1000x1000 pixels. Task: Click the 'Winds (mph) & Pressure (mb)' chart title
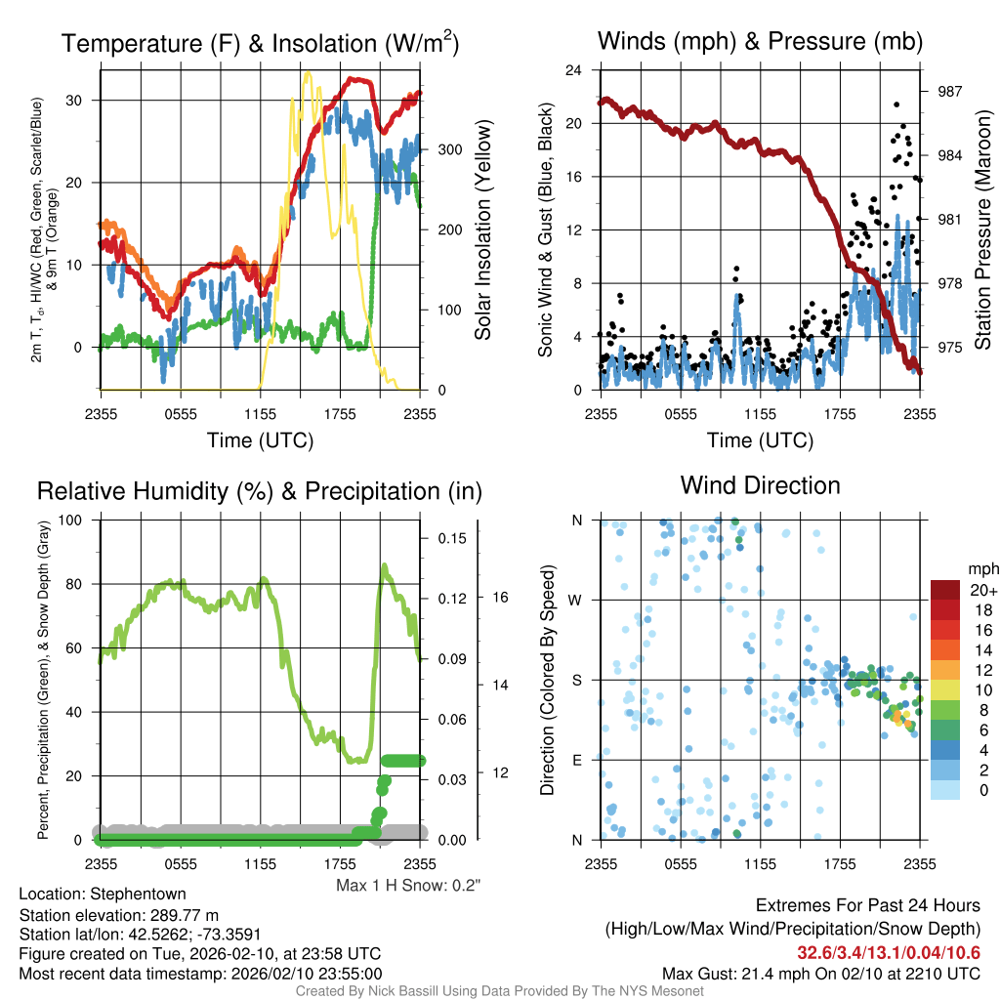[x=760, y=42]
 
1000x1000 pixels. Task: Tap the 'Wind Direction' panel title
[x=760, y=485]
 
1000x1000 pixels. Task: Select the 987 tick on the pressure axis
[x=948, y=91]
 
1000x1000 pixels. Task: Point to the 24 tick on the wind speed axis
[x=574, y=70]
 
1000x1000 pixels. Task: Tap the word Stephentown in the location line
[x=137, y=894]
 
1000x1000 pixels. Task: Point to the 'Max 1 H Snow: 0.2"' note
[x=408, y=885]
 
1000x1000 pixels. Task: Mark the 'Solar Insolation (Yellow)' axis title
[x=482, y=230]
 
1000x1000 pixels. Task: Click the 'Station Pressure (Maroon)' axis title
[x=983, y=230]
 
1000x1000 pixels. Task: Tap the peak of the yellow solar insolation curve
[x=308, y=72]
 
